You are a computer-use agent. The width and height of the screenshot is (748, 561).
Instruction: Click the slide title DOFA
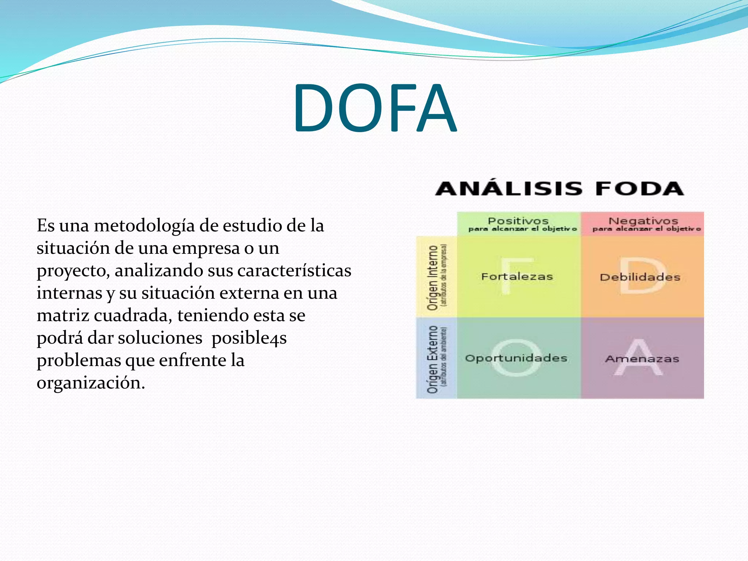(x=374, y=108)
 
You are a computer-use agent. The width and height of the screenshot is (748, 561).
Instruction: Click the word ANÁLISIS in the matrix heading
(x=508, y=189)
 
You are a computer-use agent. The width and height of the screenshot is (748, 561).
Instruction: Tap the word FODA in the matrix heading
(x=639, y=189)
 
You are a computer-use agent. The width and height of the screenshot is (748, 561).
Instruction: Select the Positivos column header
(x=518, y=221)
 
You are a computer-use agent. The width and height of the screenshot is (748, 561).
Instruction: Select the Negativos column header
(x=643, y=221)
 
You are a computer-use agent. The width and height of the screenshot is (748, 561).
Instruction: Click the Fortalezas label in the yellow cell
(x=517, y=277)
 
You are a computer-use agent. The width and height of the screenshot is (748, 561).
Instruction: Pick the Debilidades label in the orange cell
(x=640, y=277)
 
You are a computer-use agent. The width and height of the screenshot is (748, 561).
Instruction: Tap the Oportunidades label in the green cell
(x=516, y=358)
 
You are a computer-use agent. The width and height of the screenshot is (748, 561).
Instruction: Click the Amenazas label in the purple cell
(x=642, y=359)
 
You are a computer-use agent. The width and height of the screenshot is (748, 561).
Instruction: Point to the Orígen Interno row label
(x=433, y=278)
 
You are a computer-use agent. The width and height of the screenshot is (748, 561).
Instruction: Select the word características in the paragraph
(x=294, y=271)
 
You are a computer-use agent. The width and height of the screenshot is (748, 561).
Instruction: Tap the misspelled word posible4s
(x=249, y=338)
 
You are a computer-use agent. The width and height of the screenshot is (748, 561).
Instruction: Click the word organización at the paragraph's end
(x=91, y=383)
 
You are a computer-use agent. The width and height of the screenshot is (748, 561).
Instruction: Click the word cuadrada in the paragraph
(x=133, y=316)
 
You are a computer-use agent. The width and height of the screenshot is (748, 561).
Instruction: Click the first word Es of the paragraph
(x=45, y=226)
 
